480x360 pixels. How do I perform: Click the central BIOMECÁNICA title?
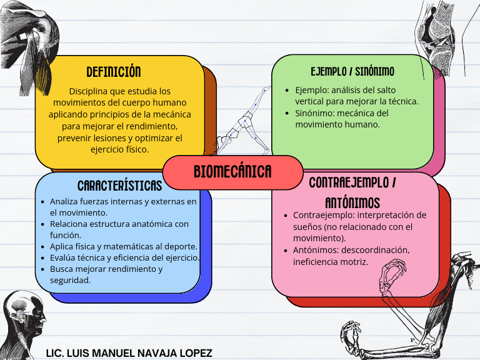[x=232, y=171]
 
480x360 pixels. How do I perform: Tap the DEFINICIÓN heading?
[x=114, y=72]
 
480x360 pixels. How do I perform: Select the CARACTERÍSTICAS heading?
[x=120, y=186]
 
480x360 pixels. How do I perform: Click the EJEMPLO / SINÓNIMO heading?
[x=352, y=72]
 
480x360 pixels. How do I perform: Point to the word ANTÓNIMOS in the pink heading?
[x=352, y=203]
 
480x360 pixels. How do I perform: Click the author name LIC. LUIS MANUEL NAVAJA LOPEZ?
[x=129, y=353]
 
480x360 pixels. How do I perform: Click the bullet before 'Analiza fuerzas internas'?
[x=42, y=202]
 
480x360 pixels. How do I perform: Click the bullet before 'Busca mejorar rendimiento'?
[x=42, y=269]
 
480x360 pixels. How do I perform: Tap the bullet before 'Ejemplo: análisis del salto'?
[x=287, y=90]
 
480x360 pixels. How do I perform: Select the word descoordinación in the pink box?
[x=375, y=250]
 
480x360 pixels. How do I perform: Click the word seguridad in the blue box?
[x=70, y=280]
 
